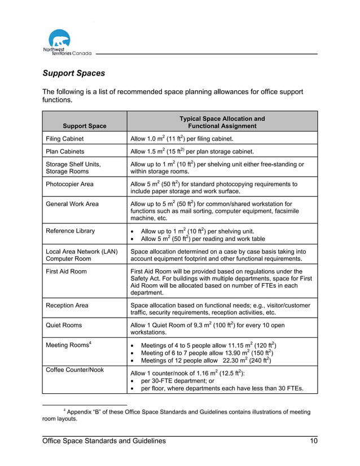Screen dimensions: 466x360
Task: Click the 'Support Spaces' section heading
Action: [73, 73]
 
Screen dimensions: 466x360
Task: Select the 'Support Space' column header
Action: [85, 126]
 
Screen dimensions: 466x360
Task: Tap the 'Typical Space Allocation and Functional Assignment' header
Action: [222, 122]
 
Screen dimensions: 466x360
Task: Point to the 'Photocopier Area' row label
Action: [69, 184]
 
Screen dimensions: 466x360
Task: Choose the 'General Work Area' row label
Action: [72, 204]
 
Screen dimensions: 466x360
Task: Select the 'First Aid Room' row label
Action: [66, 271]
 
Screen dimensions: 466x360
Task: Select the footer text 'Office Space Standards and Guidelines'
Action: [104, 441]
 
